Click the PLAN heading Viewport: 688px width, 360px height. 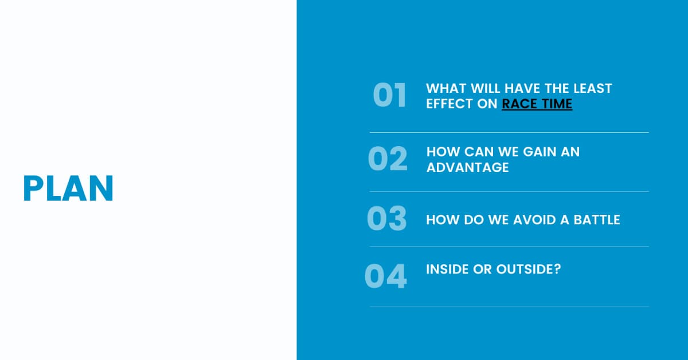(68, 188)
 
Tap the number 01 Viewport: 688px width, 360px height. (389, 95)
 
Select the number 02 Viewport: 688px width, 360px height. (388, 158)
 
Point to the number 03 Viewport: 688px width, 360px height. (386, 218)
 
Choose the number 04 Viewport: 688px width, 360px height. (385, 276)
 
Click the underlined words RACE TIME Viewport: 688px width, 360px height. (537, 104)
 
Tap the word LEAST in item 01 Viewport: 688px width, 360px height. (593, 88)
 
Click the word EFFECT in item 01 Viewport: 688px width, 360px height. (449, 104)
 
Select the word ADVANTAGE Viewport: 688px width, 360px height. (467, 167)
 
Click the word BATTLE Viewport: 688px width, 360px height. (597, 220)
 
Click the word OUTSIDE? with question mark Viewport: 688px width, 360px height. (529, 269)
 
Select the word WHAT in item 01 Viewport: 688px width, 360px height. (446, 88)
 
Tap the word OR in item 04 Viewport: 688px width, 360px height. (482, 269)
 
